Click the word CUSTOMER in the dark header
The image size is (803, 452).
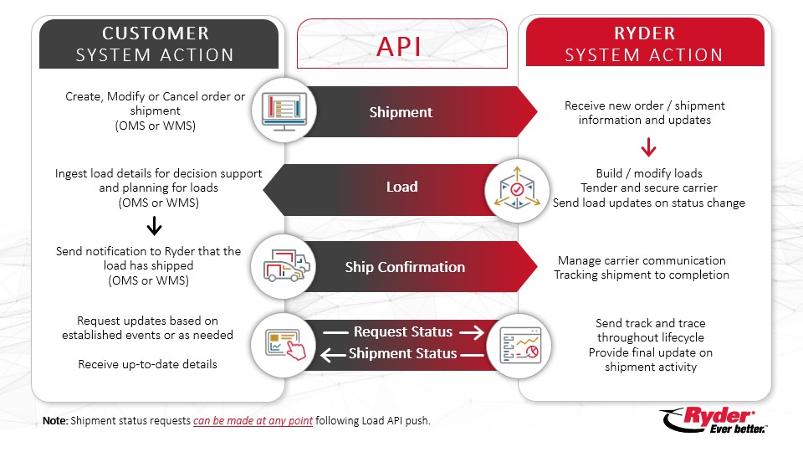point(155,33)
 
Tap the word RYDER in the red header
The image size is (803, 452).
point(644,33)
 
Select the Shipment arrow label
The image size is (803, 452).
point(401,111)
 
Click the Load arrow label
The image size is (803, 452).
point(401,187)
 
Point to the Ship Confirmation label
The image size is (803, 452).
point(405,267)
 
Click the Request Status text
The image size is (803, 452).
point(403,332)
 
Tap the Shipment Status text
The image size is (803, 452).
point(403,353)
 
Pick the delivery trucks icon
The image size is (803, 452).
point(285,266)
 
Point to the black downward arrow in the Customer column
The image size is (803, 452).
point(155,226)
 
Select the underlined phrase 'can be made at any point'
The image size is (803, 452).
point(253,421)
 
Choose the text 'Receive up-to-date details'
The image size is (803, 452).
point(147,364)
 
